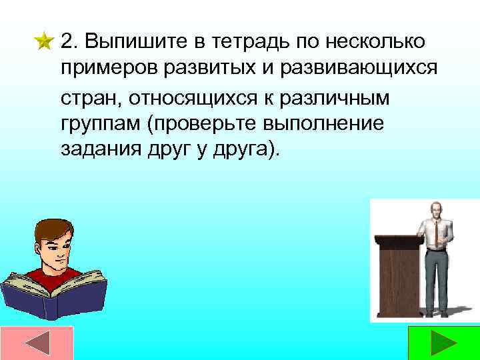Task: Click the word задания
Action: [x=93, y=149]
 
